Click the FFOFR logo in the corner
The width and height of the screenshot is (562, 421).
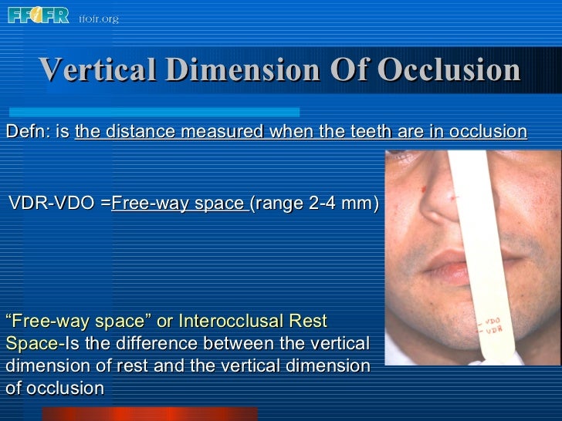[39, 15]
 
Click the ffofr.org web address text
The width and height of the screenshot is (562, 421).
[98, 19]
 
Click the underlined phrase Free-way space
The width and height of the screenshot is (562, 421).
[178, 204]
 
